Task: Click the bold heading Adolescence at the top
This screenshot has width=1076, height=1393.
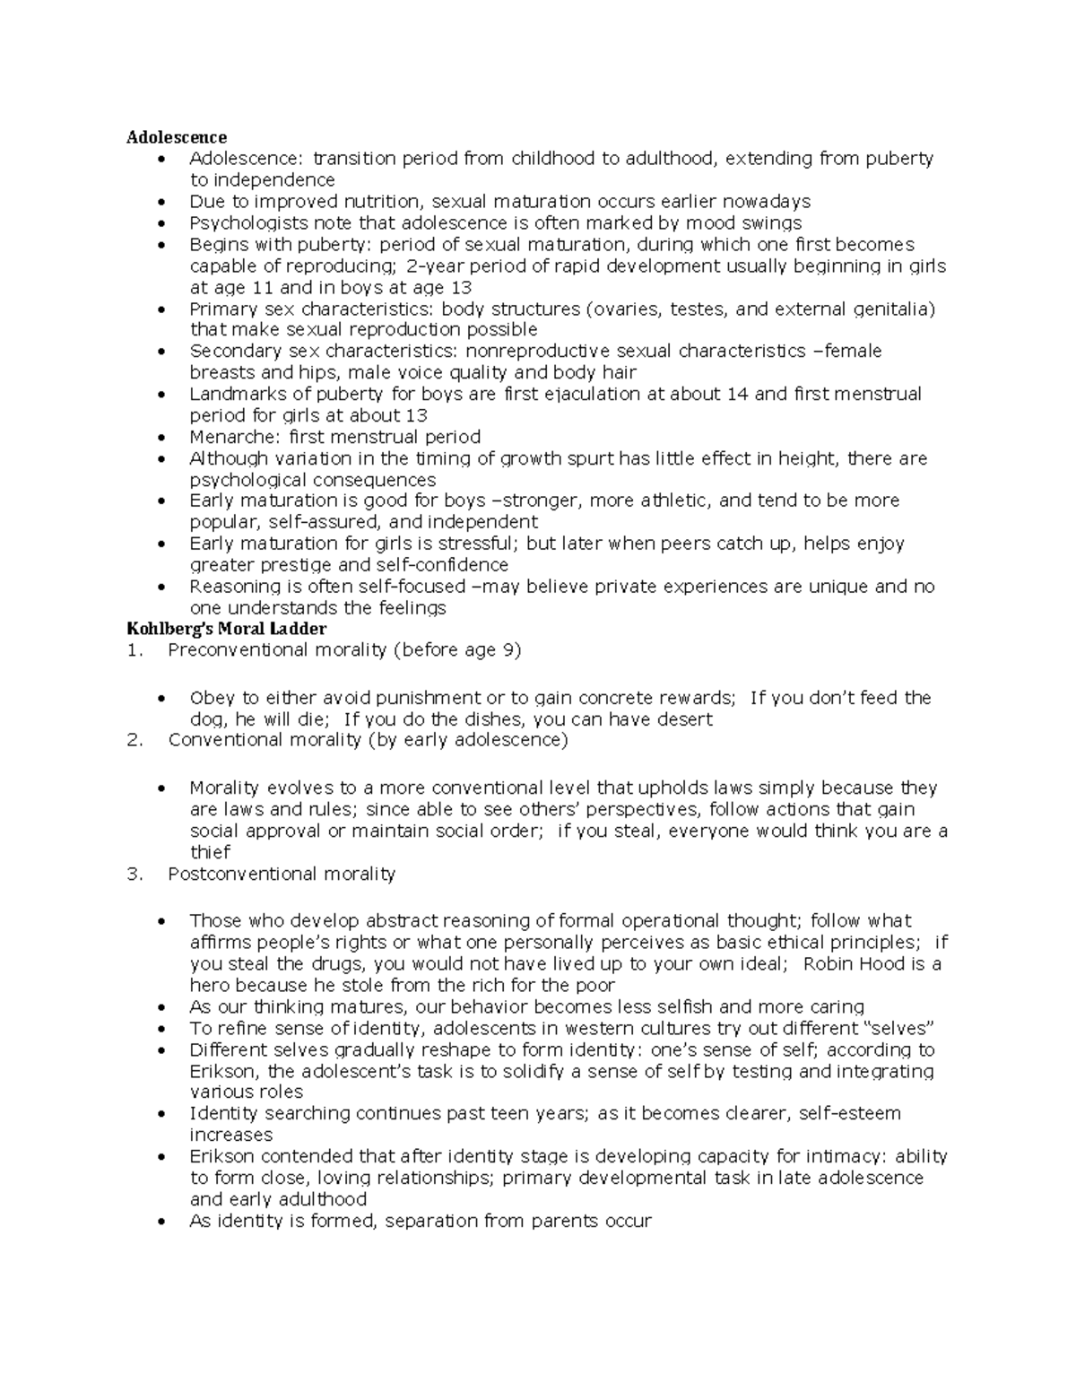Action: coord(176,137)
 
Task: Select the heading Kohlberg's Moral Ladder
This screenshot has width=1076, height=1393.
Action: coord(226,629)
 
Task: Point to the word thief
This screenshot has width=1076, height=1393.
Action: coord(210,852)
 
